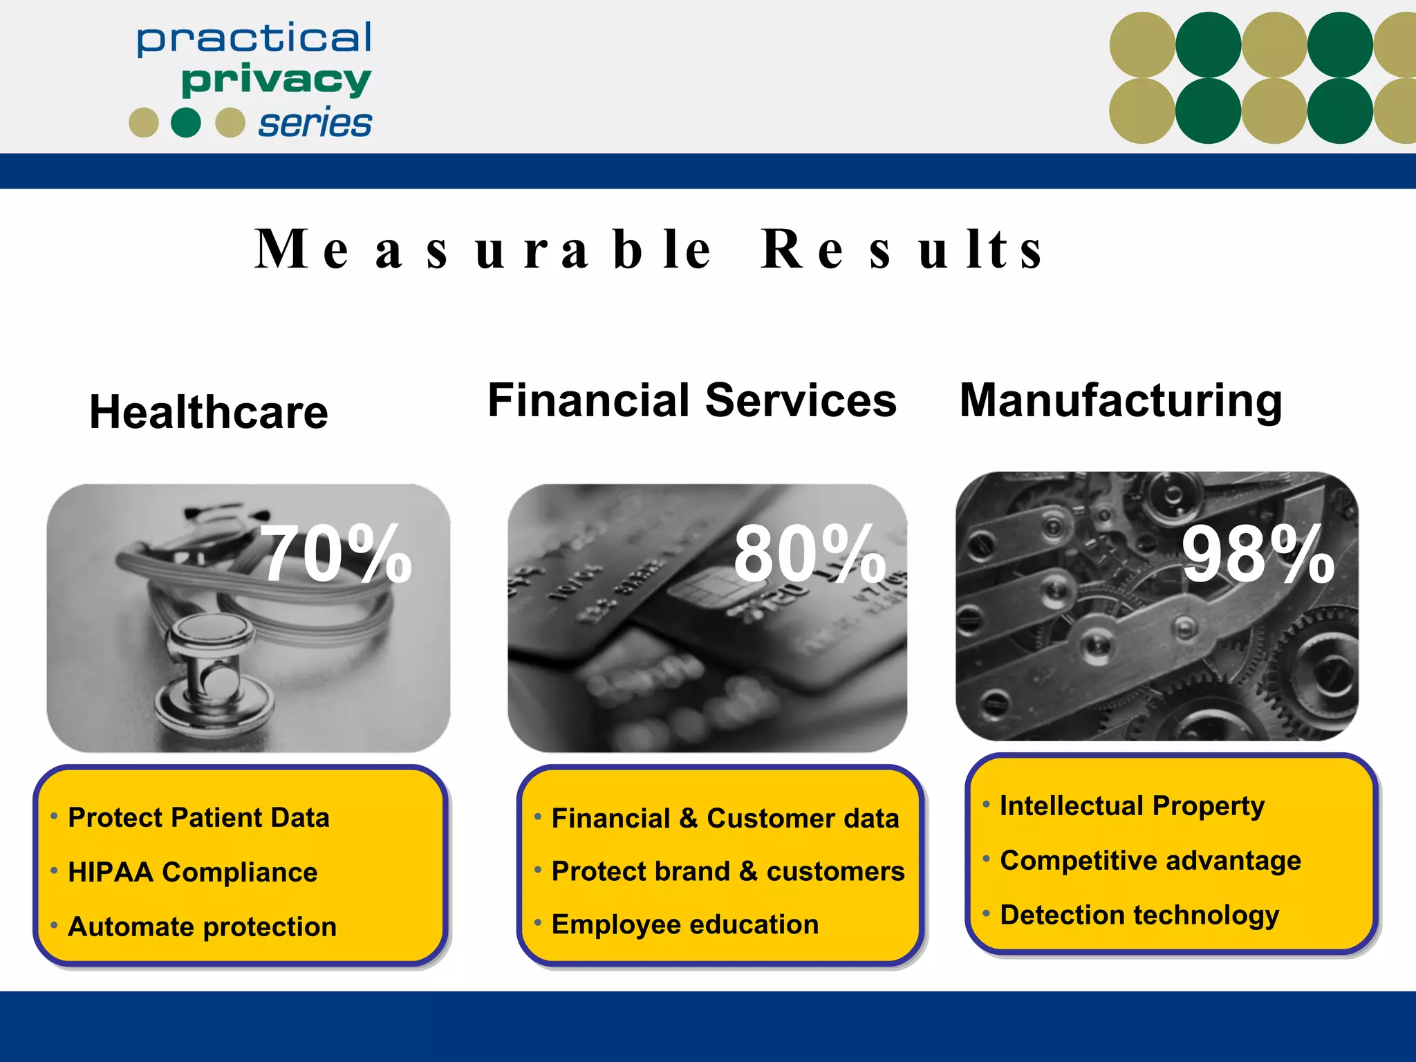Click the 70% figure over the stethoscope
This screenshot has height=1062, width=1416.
point(336,554)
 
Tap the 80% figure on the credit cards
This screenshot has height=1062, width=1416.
point(809,554)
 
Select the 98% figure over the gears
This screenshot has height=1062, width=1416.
point(1257,554)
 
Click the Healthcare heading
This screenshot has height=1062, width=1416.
point(209,412)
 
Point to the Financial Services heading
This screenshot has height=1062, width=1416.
point(691,400)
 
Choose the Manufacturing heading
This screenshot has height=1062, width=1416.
point(1121,400)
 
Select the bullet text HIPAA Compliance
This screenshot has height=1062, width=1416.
point(192,872)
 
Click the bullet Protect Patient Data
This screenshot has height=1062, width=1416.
point(198,817)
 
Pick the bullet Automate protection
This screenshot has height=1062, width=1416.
point(202,926)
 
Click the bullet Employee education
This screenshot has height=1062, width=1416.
point(684,924)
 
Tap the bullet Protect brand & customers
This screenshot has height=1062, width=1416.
point(727,871)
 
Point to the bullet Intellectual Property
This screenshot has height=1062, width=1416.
point(1132,806)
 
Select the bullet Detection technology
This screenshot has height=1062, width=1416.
point(1139,915)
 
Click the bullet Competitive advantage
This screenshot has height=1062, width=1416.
point(1150,861)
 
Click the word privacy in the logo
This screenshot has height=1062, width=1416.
point(276,80)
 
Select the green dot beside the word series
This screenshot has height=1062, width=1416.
point(185,122)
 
